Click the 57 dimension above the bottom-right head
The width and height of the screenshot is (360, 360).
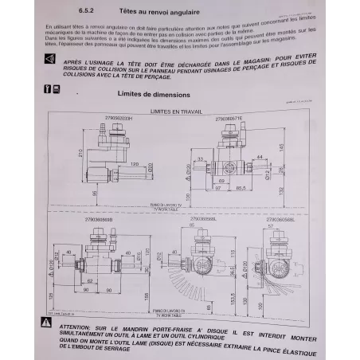coord(280,226)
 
